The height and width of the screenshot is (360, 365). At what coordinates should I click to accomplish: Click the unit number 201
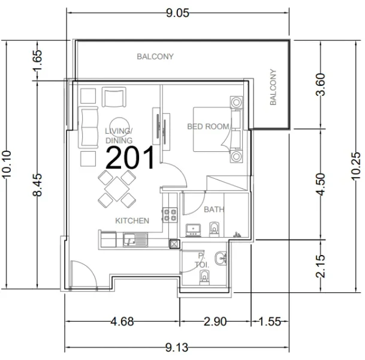[131, 158]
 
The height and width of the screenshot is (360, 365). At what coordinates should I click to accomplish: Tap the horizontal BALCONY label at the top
[155, 57]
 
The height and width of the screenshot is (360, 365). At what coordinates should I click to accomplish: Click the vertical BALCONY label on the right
[274, 88]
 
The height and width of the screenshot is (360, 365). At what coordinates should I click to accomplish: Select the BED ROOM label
[208, 127]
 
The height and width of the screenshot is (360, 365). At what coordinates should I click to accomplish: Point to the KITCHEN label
[132, 221]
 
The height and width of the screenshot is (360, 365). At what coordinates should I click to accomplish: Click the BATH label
[214, 209]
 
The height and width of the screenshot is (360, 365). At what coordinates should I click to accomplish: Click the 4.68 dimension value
[122, 322]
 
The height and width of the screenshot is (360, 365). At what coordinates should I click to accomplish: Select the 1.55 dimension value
[270, 322]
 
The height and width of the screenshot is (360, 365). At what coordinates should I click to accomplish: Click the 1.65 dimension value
[37, 61]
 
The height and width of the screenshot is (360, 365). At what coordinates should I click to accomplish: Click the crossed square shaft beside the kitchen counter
[174, 244]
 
